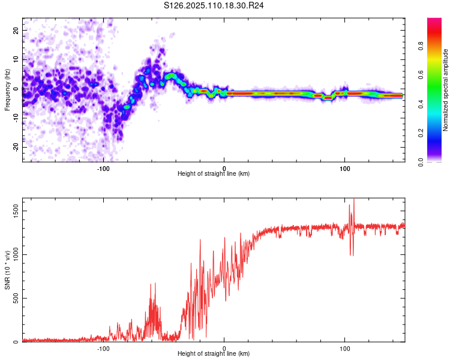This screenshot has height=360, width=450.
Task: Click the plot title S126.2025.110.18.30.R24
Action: coord(215,6)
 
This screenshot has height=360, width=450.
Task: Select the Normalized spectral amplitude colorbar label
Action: coord(446,90)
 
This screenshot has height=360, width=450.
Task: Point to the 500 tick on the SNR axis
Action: coord(15,298)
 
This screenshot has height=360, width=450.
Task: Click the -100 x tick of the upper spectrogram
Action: coord(103,168)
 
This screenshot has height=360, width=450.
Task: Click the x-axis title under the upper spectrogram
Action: coord(214,174)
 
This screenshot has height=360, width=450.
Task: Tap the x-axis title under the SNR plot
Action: coord(214,355)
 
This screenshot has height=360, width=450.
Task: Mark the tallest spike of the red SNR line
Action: coord(354,200)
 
